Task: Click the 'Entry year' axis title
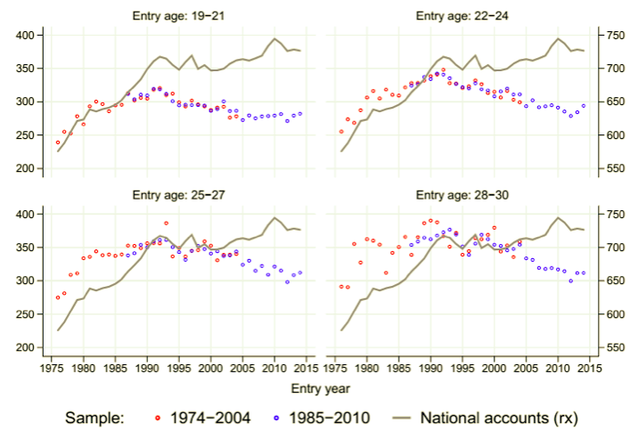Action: pos(318,388)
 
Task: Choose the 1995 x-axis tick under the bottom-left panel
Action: pos(179,366)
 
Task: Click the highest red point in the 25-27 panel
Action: pos(166,224)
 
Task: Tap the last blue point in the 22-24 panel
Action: pos(585,106)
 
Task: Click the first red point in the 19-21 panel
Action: pos(58,142)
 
